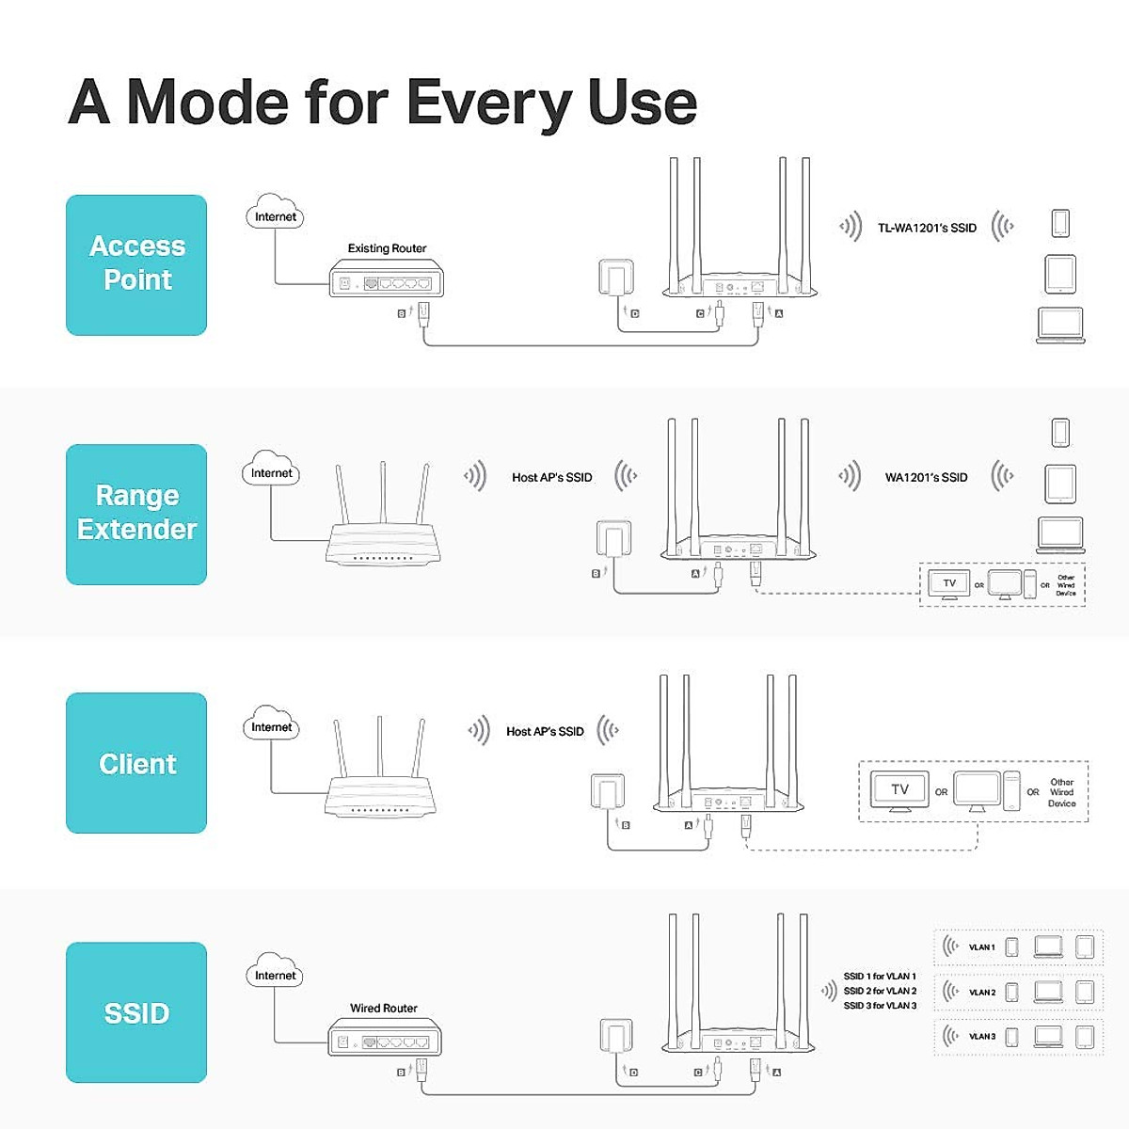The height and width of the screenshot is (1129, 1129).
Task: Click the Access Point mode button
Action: [136, 264]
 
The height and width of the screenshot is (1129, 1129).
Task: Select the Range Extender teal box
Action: [136, 514]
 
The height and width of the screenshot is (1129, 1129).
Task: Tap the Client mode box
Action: [136, 763]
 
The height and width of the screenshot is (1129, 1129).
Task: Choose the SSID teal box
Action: [136, 1012]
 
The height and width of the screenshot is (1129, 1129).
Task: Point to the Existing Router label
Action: [387, 248]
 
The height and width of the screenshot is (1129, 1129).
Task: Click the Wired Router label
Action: [383, 1008]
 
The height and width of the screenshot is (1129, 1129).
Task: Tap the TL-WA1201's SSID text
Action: [927, 228]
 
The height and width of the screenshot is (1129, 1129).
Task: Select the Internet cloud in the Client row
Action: [271, 724]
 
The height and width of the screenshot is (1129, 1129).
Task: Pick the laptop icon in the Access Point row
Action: [1060, 326]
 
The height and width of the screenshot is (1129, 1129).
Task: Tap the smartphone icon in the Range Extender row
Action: [1060, 433]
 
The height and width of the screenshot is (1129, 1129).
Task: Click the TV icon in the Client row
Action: [899, 790]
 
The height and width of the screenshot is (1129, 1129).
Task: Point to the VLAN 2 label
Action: [981, 992]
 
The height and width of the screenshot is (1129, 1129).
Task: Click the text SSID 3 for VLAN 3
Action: [880, 1006]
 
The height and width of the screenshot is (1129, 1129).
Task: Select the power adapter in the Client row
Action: [607, 792]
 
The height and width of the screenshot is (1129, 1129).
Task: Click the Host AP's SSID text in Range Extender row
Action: [551, 477]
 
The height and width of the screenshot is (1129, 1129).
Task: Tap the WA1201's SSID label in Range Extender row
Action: [926, 477]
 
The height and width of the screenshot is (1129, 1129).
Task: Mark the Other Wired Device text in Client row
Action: [1061, 792]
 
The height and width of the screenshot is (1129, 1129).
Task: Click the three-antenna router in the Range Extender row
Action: [382, 527]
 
